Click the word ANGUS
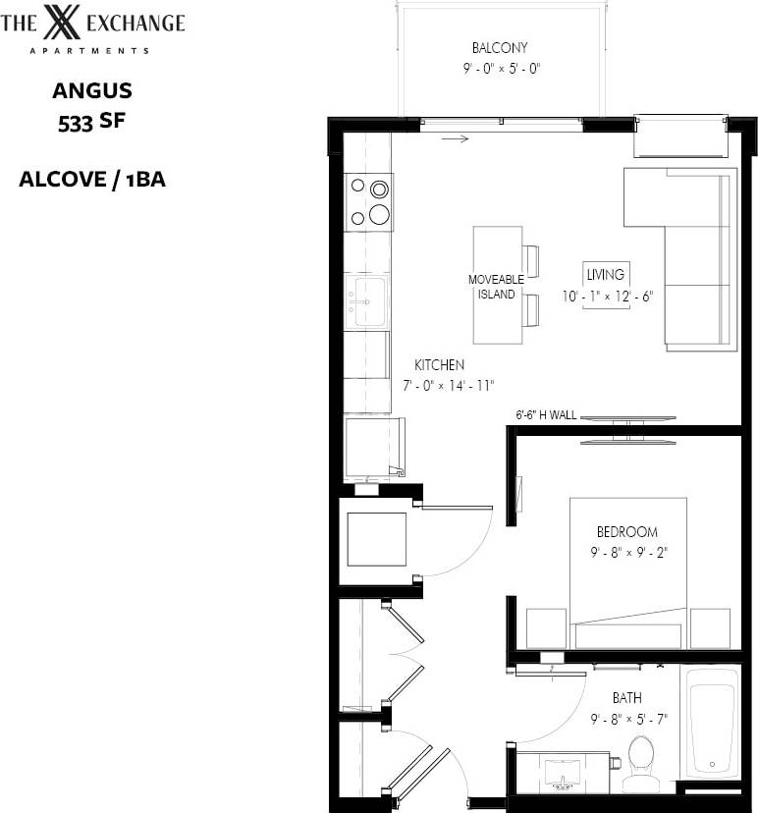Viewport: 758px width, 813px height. pos(91,92)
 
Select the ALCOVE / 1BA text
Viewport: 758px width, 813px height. pos(91,180)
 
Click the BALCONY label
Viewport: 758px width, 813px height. pos(500,47)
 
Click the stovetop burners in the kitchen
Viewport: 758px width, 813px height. pos(368,201)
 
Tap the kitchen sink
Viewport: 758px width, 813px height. pos(368,299)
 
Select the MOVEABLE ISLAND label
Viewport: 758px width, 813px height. pos(496,287)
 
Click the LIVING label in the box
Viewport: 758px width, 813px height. pos(605,275)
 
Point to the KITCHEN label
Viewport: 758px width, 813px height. pos(439,364)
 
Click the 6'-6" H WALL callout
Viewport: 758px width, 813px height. pos(546,414)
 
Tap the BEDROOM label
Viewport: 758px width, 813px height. pos(624,532)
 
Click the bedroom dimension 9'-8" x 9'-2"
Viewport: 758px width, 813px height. pos(628,553)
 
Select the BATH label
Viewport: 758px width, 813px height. pos(626,698)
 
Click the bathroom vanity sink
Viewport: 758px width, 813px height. pos(563,773)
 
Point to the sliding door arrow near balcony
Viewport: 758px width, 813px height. pos(454,138)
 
